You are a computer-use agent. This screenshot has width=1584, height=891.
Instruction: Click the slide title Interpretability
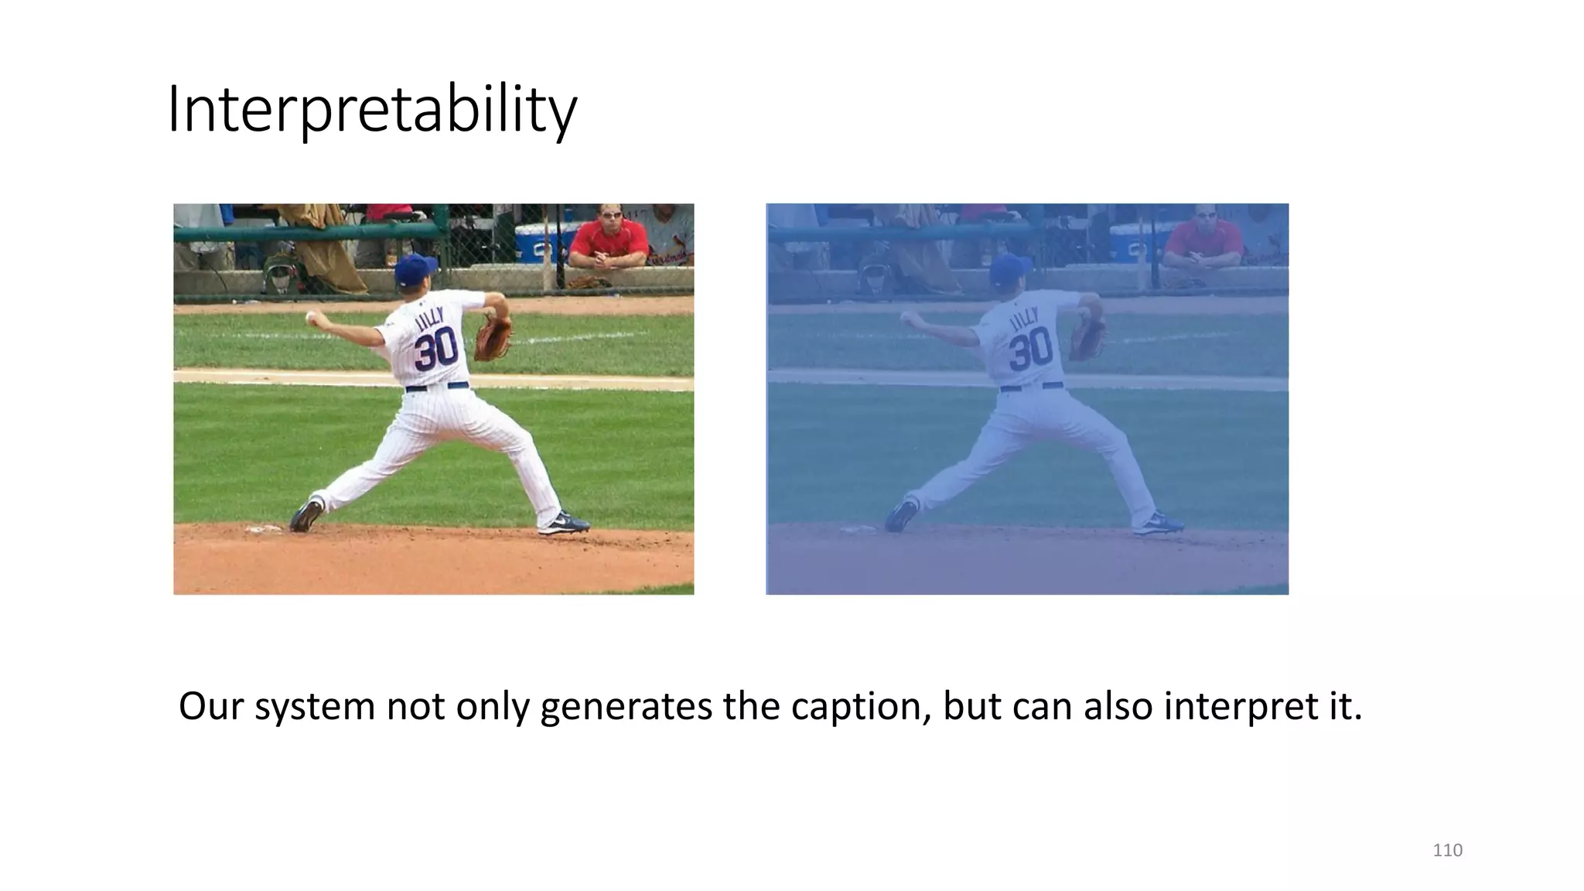[x=371, y=110]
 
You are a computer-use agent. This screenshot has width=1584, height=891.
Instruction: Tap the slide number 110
[x=1447, y=850]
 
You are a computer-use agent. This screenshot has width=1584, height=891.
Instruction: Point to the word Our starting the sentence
[x=211, y=706]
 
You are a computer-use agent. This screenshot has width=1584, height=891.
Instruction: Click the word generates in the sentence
[x=626, y=706]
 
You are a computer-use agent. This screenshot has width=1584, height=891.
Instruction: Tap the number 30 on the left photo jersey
[x=435, y=350]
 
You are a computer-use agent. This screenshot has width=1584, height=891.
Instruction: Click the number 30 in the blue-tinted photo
[x=1030, y=350]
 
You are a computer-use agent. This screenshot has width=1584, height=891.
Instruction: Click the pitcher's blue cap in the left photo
[x=415, y=270]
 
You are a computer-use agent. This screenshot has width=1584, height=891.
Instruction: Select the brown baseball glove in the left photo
[x=492, y=338]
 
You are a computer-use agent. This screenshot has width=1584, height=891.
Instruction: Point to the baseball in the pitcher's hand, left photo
[x=311, y=316]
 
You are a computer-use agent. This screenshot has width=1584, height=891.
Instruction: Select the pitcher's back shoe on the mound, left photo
[x=306, y=515]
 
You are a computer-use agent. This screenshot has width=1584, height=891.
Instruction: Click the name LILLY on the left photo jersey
[x=430, y=318]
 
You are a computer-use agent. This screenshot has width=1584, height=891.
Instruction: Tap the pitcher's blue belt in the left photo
[x=437, y=386]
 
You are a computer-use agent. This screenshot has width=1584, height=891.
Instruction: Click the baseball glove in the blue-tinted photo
[x=1087, y=338]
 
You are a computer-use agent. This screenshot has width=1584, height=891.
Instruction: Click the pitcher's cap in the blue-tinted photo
[x=1009, y=270]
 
